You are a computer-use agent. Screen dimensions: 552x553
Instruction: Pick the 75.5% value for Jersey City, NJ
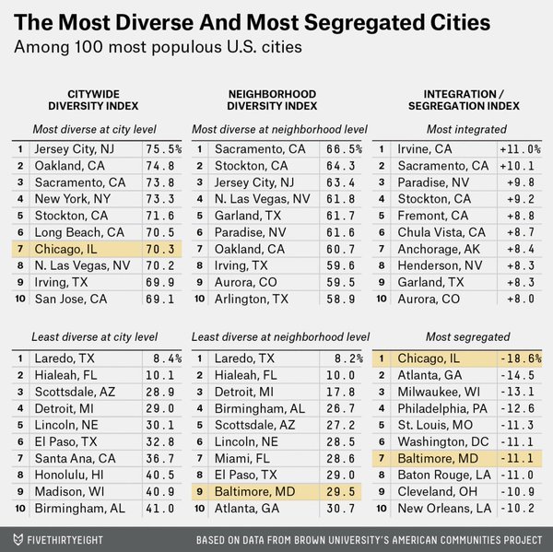(163, 148)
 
